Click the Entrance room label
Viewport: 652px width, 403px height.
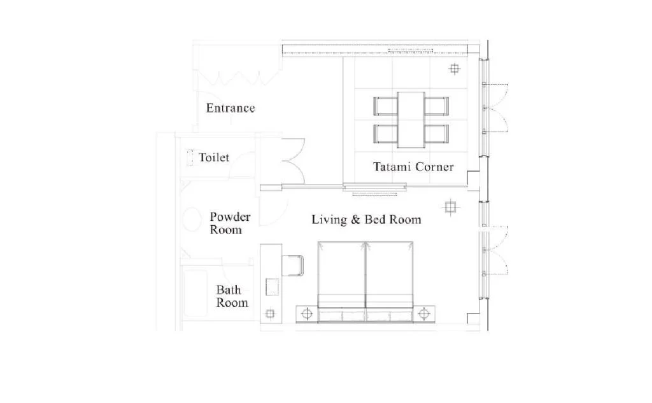230,108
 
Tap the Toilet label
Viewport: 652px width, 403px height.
214,158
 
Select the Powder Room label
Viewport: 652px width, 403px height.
230,223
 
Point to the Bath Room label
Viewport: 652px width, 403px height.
232,296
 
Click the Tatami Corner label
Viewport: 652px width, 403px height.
413,167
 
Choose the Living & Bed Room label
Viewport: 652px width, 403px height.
366,220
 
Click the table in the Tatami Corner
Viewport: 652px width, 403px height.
411,120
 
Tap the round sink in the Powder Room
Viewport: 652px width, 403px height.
192,219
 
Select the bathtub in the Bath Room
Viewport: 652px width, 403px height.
195,293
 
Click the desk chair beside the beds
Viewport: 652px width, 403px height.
293,265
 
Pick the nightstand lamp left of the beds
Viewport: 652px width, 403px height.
307,314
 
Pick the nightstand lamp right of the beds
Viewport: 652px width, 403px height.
423,314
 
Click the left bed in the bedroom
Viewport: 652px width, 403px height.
341,281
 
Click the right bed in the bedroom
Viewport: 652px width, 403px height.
390,281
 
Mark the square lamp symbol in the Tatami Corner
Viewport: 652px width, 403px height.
455,69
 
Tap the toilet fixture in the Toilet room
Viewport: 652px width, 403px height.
190,158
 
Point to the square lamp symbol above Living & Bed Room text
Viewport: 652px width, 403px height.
450,207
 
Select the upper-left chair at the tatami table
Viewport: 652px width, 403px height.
385,106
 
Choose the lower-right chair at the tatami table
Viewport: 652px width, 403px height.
437,134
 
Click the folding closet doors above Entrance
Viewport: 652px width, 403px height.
238,78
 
